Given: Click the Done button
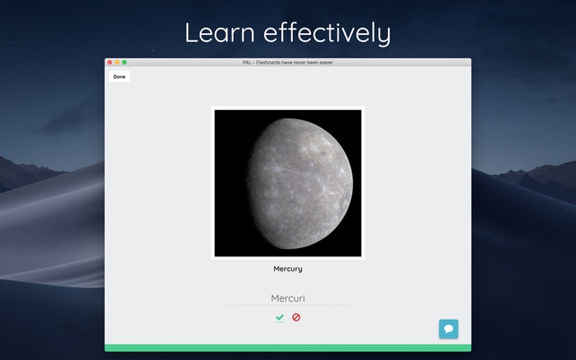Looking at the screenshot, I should click(x=119, y=77).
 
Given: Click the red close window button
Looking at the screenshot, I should click(x=110, y=62).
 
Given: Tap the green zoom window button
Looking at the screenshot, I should click(x=125, y=62).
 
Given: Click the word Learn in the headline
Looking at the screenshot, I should click(x=220, y=33).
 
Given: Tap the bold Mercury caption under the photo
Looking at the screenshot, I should click(x=288, y=269).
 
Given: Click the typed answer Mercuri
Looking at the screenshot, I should click(x=288, y=297).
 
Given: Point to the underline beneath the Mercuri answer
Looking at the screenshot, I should click(x=288, y=305).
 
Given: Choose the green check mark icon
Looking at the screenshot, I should click(x=279, y=317).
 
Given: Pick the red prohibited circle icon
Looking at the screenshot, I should click(x=297, y=317).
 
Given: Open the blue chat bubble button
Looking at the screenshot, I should click(x=449, y=329).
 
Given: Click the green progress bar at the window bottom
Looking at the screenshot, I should click(x=288, y=347).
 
